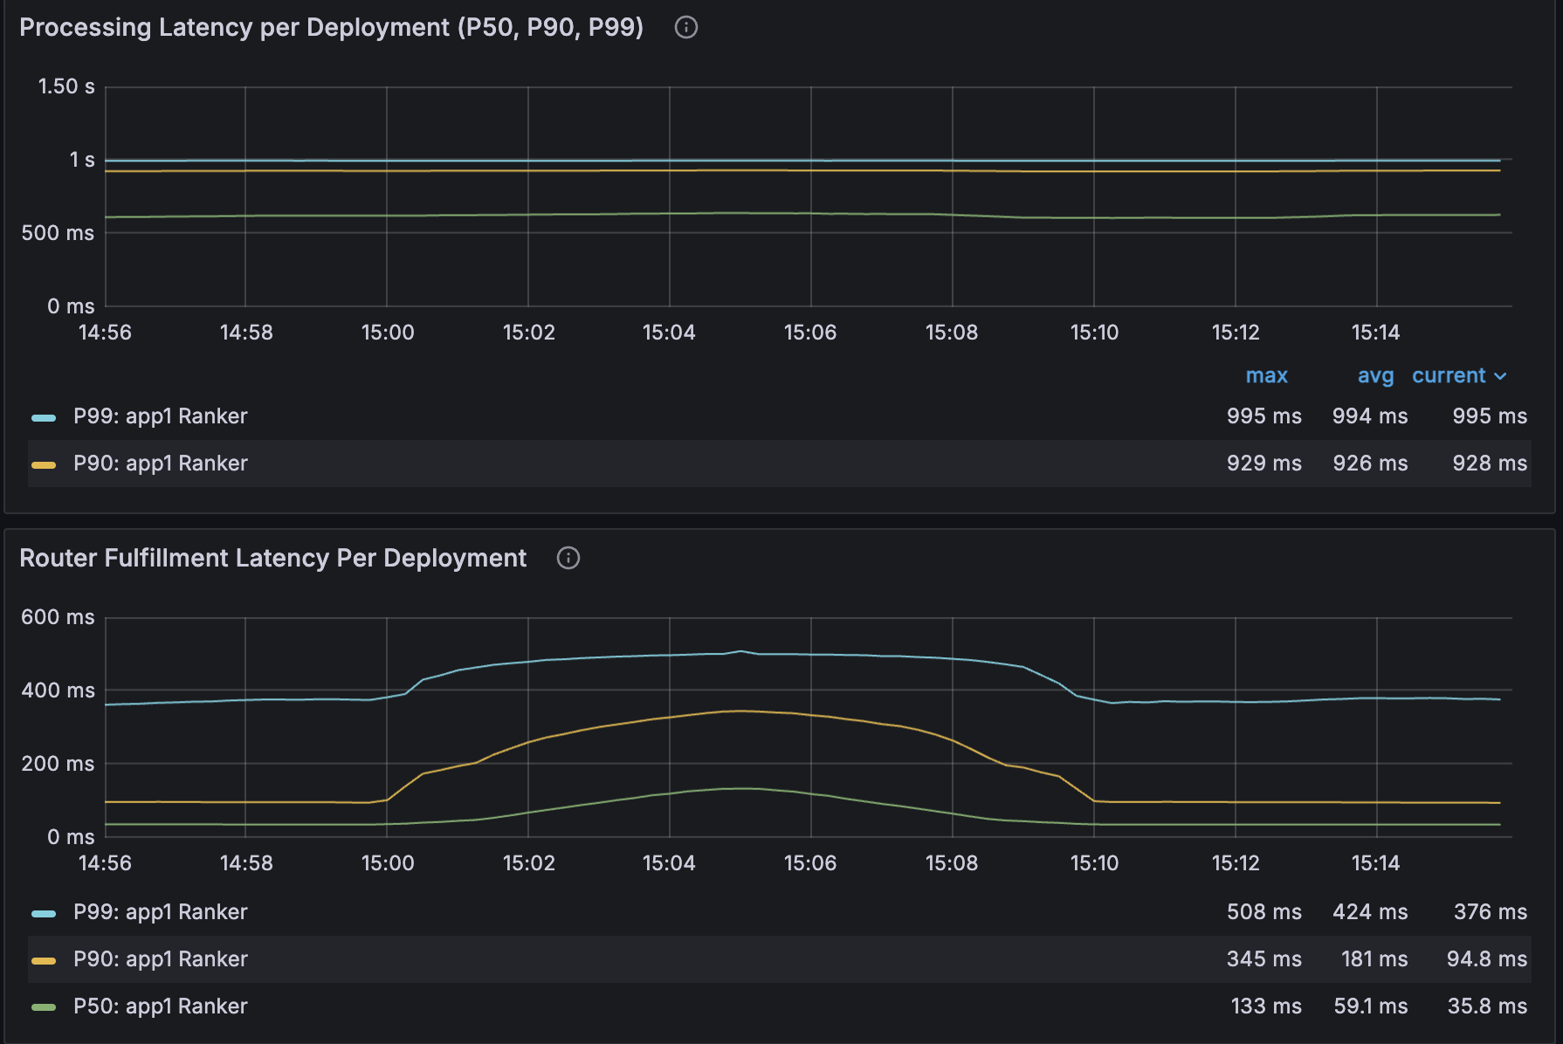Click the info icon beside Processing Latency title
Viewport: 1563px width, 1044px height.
pos(686,28)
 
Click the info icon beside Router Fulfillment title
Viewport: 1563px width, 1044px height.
pos(568,559)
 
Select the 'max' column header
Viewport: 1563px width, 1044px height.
pos(1266,376)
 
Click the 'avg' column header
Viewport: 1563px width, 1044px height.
pos(1375,376)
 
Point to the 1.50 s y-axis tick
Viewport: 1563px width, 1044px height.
pos(66,86)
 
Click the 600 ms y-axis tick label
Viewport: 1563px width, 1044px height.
pos(58,617)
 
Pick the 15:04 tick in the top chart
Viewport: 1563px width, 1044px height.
pos(669,333)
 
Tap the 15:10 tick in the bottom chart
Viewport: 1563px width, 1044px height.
pos(1094,863)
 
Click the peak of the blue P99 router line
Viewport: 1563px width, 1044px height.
pos(741,651)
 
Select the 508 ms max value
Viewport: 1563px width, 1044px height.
pos(1263,912)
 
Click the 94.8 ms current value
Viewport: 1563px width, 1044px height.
pos(1486,959)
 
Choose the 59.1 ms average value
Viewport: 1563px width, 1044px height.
pos(1370,1006)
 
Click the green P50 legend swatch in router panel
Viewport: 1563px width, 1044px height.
pos(44,1007)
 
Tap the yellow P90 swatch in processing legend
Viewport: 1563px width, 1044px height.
pos(44,464)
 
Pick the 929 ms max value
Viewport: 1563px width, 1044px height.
pos(1263,464)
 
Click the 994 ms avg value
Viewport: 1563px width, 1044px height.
pos(1369,416)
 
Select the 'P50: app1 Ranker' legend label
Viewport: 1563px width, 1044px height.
pos(161,1006)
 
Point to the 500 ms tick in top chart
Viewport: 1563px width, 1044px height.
pos(58,233)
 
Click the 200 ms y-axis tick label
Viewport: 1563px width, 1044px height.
pos(58,764)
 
